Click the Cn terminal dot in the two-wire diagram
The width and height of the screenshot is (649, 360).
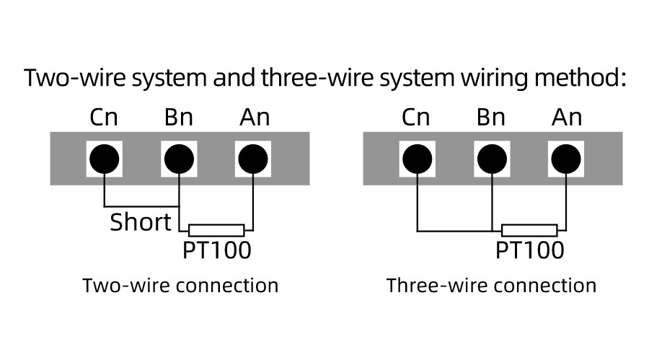[105, 158]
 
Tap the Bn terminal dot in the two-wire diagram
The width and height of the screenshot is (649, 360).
[179, 158]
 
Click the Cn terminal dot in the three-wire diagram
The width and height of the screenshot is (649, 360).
[417, 158]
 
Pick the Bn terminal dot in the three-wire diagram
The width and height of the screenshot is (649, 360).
[492, 158]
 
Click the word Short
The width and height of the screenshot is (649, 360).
[141, 222]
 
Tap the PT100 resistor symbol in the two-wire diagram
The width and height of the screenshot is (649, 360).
[216, 231]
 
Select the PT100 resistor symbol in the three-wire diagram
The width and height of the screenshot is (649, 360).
[529, 231]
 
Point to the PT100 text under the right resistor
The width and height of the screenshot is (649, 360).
[529, 250]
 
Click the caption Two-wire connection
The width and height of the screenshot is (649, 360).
[181, 285]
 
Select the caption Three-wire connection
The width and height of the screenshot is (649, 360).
[491, 285]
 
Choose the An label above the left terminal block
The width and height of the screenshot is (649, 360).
[254, 118]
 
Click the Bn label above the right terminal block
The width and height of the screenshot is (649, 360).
[492, 118]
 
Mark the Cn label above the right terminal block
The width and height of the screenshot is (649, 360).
[416, 118]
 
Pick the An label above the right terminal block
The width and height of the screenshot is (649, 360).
[567, 118]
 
